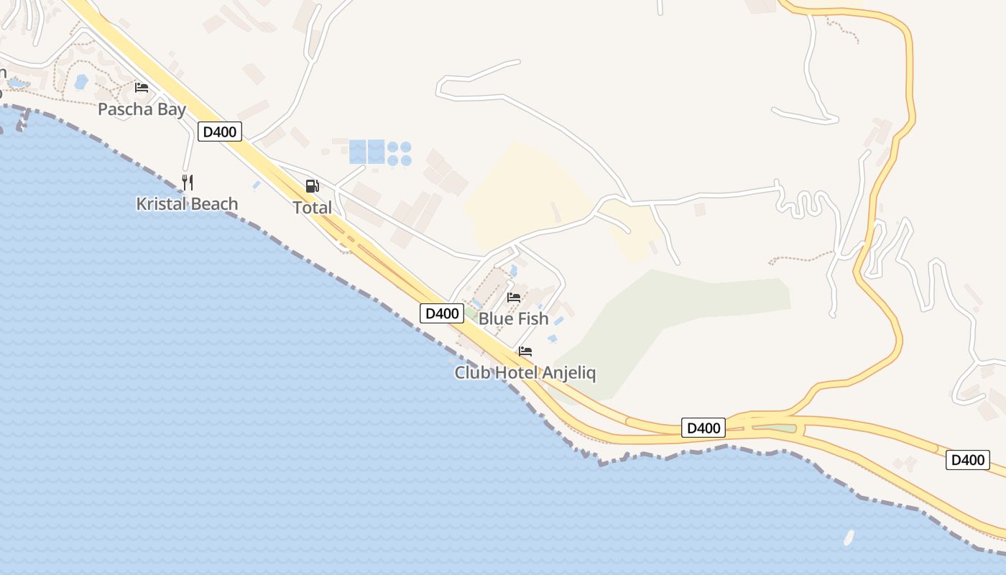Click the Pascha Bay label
pos(142,110)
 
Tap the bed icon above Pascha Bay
pos(142,88)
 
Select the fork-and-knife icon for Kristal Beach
pos(188,182)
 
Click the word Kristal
pos(160,204)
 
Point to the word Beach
pos(213,204)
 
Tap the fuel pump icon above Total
pos(312,186)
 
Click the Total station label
pos(312,208)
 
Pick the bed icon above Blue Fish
pos(514,298)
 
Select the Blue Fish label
pos(513,318)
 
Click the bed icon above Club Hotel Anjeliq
pos(525,351)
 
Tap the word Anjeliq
pos(569,373)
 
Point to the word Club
pos(471,373)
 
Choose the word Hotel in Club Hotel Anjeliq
pos(515,373)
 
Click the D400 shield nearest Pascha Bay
pos(220,132)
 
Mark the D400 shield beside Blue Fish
pos(441,313)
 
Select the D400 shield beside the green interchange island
pos(703,428)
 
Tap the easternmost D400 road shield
pos(967,460)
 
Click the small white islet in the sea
pos(849,536)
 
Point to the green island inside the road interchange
pos(775,428)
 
